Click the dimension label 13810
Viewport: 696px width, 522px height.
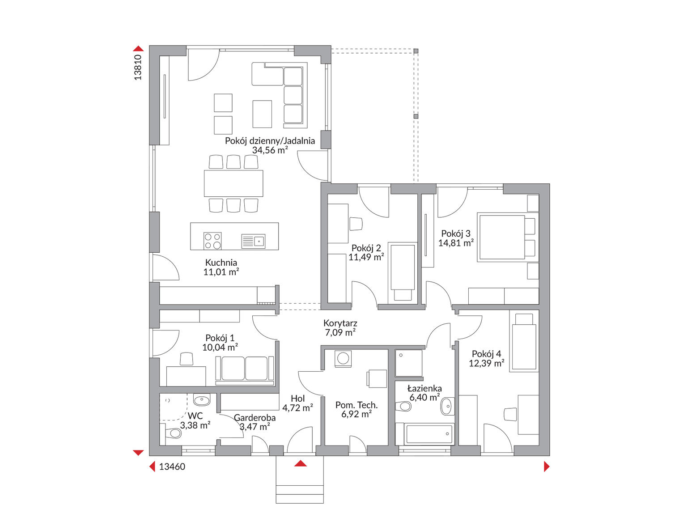coord(138,67)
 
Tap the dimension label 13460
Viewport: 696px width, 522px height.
coord(172,467)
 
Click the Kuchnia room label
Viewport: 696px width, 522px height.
coord(221,263)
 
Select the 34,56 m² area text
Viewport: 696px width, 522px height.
coord(270,150)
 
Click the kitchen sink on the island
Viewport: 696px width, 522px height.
coord(253,241)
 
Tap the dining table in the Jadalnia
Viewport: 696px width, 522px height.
coord(233,183)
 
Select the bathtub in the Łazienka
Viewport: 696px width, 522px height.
coord(429,434)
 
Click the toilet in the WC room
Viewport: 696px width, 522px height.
coord(173,433)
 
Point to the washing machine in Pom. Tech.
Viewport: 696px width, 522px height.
coord(343,358)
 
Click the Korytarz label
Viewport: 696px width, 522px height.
coord(340,323)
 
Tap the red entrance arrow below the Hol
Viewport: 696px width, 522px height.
coord(300,463)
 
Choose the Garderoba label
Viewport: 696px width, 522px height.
coord(255,418)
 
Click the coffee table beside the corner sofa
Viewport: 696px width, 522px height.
coord(262,114)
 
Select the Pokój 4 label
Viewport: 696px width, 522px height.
coord(486,354)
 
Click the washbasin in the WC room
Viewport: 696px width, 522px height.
coord(202,399)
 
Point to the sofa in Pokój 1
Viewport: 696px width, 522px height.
coord(245,369)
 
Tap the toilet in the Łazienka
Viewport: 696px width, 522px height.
coord(403,406)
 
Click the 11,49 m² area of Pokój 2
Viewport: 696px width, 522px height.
coord(366,257)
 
